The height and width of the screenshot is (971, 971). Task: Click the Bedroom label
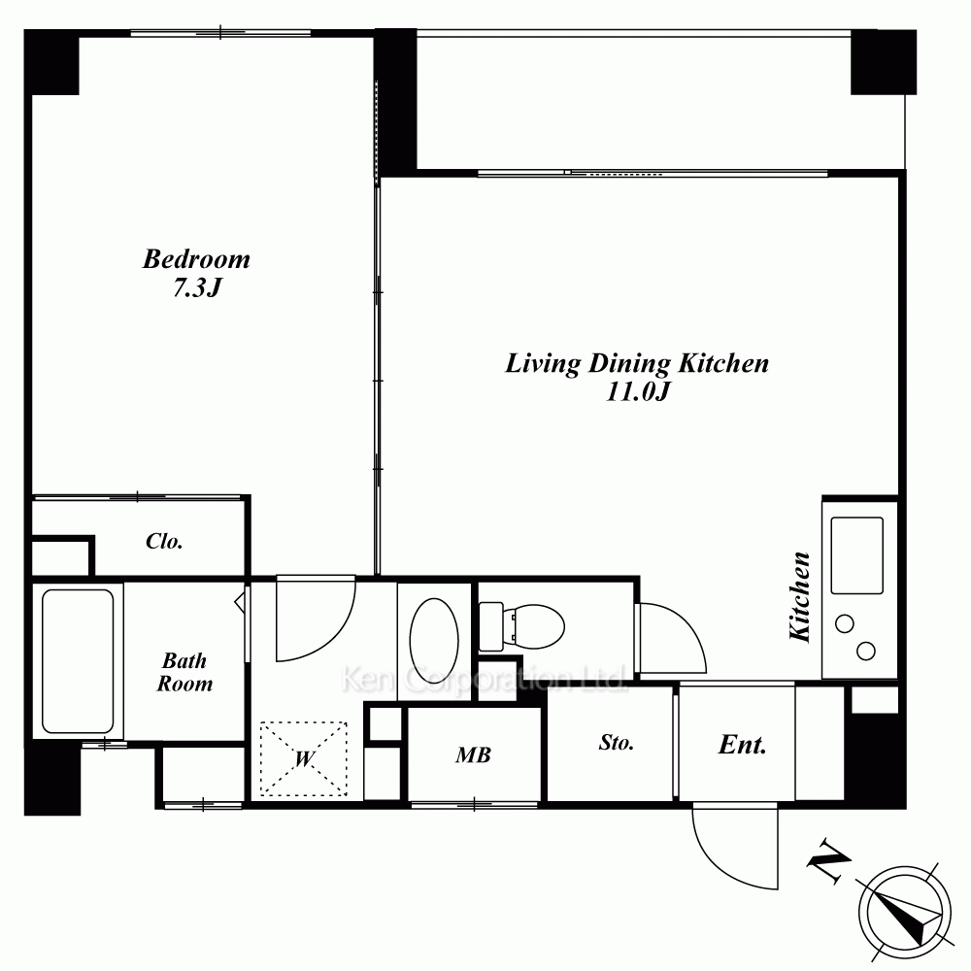tap(196, 259)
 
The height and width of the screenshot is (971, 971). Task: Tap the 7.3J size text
tap(197, 288)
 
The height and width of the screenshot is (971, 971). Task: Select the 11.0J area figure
tap(638, 392)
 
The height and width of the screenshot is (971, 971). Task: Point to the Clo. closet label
tap(164, 541)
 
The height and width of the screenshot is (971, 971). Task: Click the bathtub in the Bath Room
tap(78, 660)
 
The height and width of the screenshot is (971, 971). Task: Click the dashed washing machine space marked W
tap(303, 758)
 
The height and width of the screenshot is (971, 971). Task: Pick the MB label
tap(473, 754)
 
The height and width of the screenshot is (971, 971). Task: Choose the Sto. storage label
tap(617, 743)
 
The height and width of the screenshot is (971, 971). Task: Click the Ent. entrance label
tap(742, 745)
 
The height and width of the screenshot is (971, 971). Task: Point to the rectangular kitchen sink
tap(857, 555)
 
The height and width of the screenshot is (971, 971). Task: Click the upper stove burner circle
tap(845, 623)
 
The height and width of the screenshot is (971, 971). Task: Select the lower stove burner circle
tap(866, 651)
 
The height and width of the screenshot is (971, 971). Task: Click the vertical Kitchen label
tap(799, 596)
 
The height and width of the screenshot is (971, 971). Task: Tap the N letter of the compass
tap(828, 859)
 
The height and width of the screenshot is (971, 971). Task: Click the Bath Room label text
tap(184, 673)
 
